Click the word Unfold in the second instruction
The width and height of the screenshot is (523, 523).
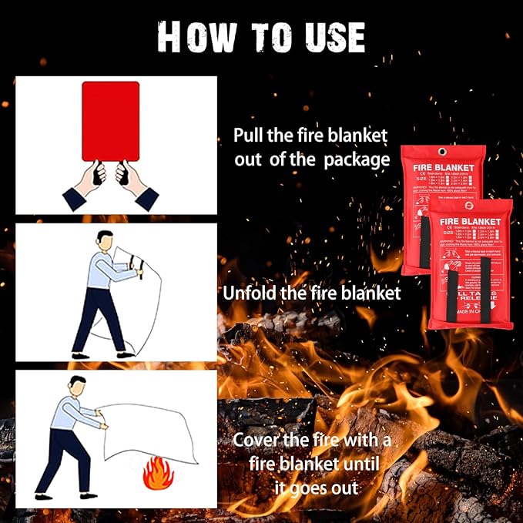click(x=250, y=293)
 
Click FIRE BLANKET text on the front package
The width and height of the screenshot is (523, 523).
click(x=469, y=223)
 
